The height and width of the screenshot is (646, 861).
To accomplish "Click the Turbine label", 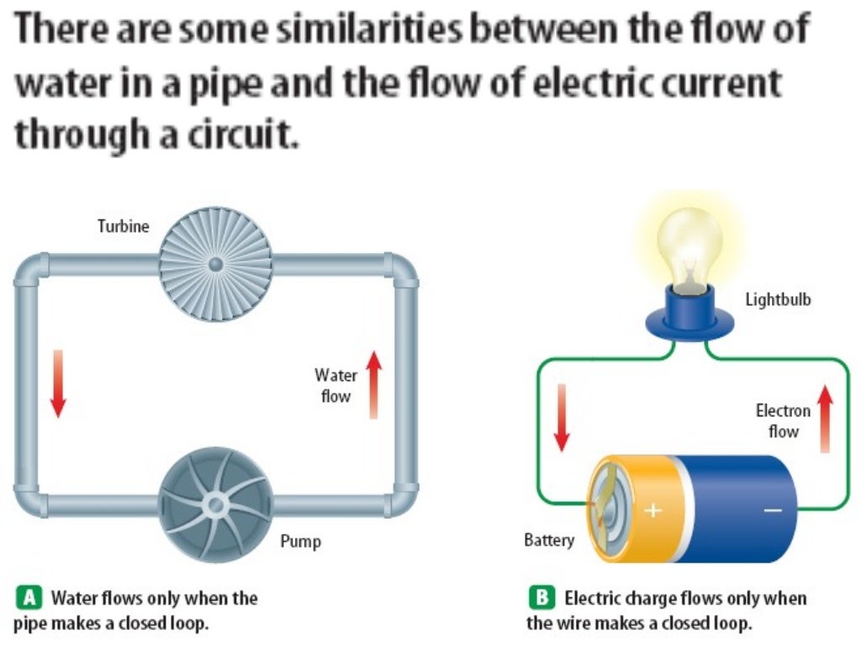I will point(124,226).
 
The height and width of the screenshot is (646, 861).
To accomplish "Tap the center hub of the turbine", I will point(215,263).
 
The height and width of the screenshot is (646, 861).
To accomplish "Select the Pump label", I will point(300,542).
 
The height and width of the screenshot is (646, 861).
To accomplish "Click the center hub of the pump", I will point(215,505).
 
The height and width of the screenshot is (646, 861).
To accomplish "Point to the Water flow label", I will point(335,385).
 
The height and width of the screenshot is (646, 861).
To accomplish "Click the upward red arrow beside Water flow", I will point(374,384).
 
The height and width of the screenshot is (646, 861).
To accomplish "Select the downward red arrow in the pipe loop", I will point(57,384).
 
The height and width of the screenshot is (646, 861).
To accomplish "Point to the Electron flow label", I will point(783,421).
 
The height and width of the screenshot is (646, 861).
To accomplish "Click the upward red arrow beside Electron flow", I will point(825,418).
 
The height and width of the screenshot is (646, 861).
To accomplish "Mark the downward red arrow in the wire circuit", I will point(562,417).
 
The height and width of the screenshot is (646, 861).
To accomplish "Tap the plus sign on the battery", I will point(652,510).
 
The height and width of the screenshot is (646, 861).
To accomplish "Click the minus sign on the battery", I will point(773,510).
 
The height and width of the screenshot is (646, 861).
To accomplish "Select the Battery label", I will point(549,539).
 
